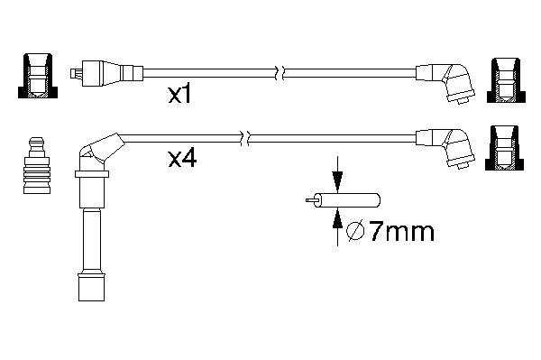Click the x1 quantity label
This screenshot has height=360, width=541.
pos(179,95)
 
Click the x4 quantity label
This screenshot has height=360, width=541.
pos(182,159)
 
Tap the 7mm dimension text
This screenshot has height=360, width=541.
pos(402,232)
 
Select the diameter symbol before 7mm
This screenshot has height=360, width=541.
pos(355,232)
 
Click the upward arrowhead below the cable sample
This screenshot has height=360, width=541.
pos(337,218)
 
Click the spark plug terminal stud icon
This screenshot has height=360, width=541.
pos(37,165)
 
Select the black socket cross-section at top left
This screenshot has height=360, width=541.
pos(38,76)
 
